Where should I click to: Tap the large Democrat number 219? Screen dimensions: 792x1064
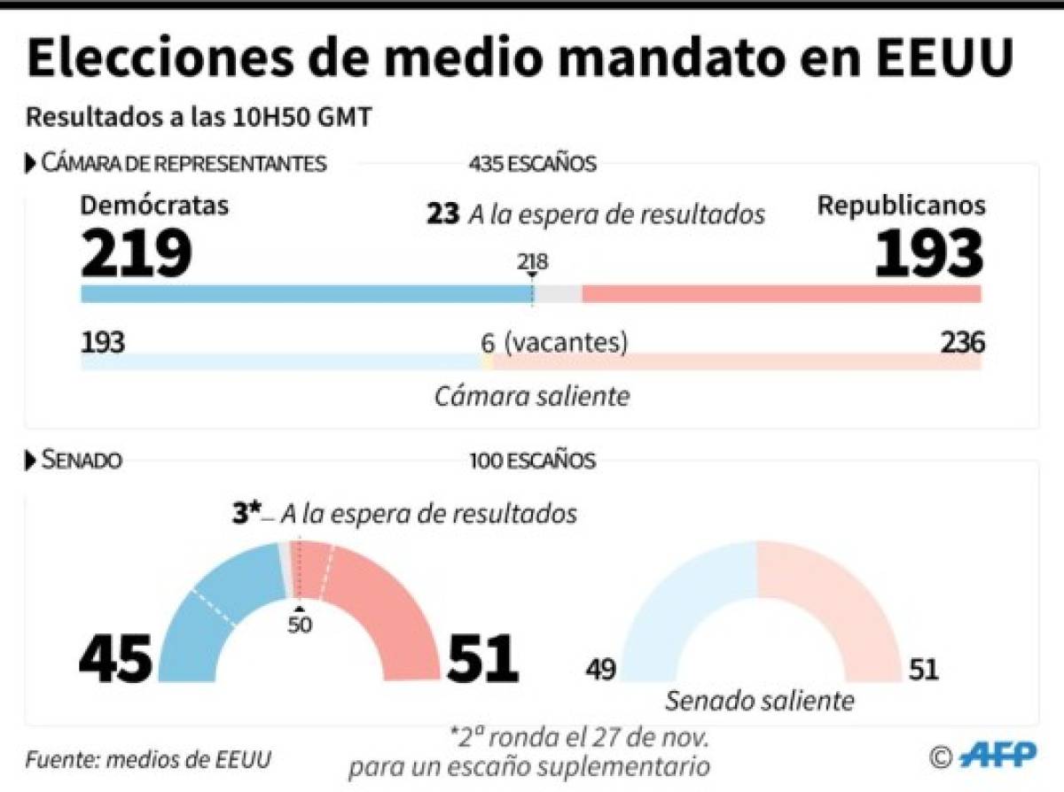click(137, 253)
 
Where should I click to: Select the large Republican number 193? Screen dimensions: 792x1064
click(928, 253)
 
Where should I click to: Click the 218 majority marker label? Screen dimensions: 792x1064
click(533, 262)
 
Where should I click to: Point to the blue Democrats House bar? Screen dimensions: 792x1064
click(301, 294)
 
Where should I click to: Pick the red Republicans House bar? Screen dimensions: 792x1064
click(780, 294)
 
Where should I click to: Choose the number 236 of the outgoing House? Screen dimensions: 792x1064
click(962, 343)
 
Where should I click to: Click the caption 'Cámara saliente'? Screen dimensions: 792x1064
click(532, 395)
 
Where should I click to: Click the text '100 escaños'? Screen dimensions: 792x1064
click(533, 461)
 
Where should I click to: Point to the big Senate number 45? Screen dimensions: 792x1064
click(115, 658)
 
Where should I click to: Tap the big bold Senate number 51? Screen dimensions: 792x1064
click(482, 658)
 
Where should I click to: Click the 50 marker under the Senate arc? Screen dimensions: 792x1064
click(300, 624)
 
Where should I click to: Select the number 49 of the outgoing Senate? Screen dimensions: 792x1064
click(600, 669)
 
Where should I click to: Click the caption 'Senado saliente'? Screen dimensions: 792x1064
click(760, 701)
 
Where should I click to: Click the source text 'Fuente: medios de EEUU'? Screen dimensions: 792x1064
click(148, 760)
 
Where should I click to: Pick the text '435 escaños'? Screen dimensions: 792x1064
click(533, 164)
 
